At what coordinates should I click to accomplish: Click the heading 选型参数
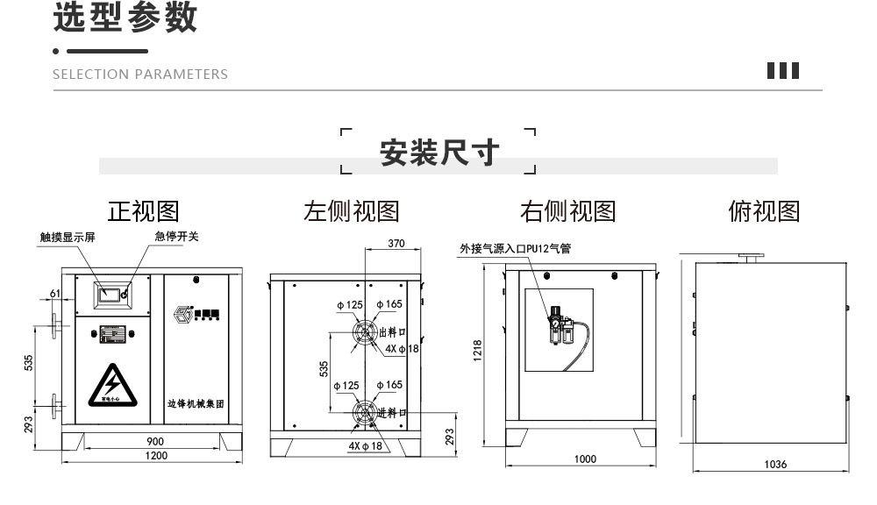125,18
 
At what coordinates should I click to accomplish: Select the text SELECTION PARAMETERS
140,75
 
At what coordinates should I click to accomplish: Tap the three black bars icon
783,71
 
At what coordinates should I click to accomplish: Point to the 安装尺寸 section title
438,153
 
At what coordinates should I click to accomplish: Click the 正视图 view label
143,211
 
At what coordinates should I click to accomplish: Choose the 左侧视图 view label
351,211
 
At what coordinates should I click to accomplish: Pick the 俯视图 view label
764,211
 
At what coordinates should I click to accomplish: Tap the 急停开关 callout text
176,237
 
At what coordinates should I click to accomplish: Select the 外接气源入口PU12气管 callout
515,249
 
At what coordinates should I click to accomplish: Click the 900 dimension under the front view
154,441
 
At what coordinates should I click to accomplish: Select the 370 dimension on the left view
396,244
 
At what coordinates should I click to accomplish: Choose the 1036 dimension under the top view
774,465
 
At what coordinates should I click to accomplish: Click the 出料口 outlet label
392,332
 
